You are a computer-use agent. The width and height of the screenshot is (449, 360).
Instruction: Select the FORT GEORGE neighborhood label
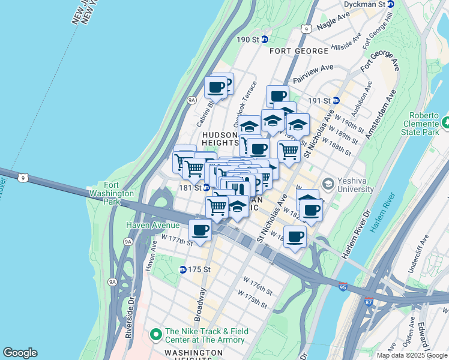pos(298,51)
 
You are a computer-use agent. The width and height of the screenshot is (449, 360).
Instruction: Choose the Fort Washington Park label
pos(110,194)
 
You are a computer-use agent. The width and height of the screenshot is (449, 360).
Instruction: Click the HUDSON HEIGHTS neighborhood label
pos(220,139)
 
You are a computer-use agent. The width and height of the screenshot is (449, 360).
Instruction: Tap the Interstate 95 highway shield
pos(343,288)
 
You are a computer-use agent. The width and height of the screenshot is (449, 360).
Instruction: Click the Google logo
pos(20,353)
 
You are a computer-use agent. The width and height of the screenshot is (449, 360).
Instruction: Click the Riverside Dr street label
pos(129,318)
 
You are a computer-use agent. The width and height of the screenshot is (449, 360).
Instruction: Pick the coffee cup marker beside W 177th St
pos(200,230)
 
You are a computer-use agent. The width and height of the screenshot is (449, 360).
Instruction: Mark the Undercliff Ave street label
pos(418,258)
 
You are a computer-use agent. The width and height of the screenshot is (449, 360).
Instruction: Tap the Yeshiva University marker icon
pos(328,183)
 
